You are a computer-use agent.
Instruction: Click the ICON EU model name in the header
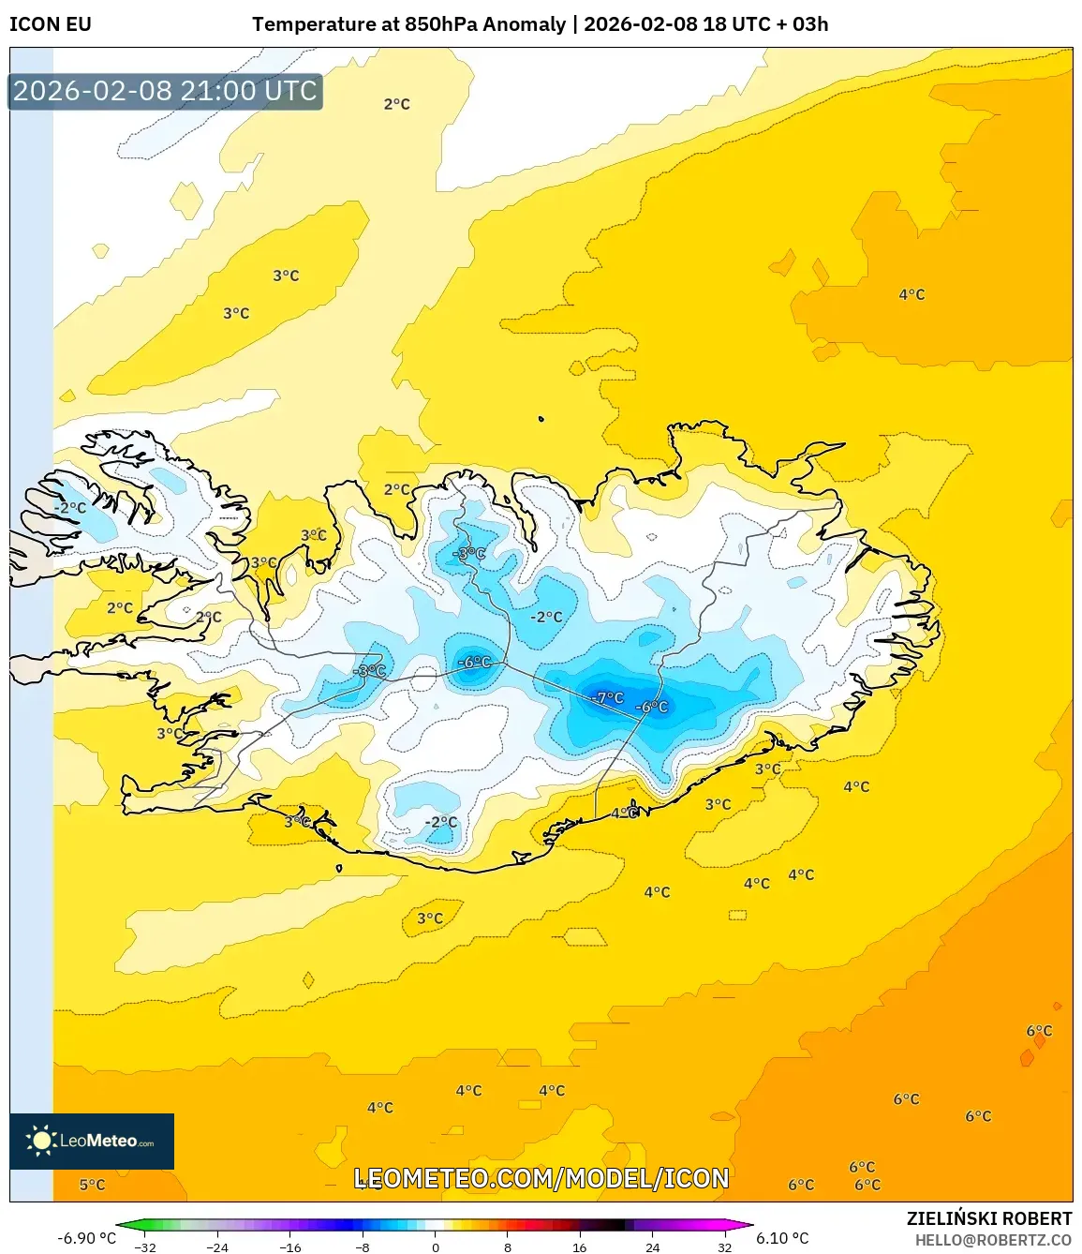51,24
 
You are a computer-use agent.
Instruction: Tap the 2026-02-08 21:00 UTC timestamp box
165,91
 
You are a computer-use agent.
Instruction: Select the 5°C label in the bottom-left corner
92,1185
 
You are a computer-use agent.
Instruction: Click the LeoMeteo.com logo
92,1141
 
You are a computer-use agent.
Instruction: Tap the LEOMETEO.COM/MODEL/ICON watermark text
541,1178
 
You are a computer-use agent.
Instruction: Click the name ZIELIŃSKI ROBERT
988,1218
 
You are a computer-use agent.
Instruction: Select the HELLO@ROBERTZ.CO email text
993,1240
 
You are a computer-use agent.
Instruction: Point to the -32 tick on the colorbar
145,1247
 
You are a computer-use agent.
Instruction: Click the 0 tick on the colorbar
435,1247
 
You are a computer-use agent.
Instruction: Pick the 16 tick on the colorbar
580,1247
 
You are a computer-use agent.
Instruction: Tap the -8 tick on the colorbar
363,1247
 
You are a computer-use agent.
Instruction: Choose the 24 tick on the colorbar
652,1247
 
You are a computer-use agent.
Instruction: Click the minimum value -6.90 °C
86,1238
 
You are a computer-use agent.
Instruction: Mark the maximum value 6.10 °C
782,1238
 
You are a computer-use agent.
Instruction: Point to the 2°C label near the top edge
396,104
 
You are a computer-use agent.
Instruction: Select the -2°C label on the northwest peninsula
69,508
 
